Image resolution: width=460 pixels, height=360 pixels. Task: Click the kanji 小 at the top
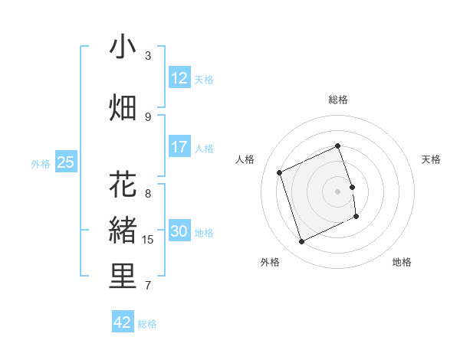(123, 47)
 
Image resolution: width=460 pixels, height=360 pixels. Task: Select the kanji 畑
(123, 108)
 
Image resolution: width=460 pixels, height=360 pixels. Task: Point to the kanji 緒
(123, 230)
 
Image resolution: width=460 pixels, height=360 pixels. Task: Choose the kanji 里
(123, 277)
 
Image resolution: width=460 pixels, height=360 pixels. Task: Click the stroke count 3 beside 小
(148, 55)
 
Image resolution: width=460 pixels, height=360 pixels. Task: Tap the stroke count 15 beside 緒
(148, 240)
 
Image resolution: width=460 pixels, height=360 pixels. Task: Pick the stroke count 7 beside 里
(148, 286)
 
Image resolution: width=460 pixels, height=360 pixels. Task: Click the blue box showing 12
(179, 78)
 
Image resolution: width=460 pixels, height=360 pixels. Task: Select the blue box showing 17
(179, 147)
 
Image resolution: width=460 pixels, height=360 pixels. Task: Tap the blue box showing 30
(179, 231)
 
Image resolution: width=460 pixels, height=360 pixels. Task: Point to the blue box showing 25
(66, 162)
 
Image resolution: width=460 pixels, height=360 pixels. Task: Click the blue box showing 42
(123, 322)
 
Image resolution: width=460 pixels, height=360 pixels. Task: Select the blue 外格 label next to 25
(41, 163)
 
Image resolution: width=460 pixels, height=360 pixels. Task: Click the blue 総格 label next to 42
(147, 324)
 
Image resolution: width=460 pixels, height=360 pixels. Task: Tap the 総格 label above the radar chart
(338, 100)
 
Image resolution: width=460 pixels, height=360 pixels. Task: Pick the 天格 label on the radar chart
(432, 159)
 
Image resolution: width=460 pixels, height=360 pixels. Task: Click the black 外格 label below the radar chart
(270, 263)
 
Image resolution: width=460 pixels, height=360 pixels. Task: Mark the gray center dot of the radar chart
(338, 191)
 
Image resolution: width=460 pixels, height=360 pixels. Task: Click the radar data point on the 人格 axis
(280, 172)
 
